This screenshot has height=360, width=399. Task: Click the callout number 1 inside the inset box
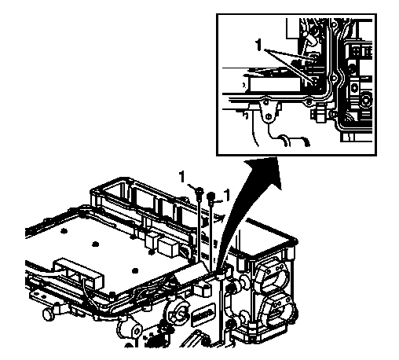pyautogui.click(x=258, y=45)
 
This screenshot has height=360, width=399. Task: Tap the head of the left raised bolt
pyautogui.click(x=199, y=190)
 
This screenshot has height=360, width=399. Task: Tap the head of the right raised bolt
pyautogui.click(x=211, y=196)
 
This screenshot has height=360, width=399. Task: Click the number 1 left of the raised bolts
pyautogui.click(x=182, y=176)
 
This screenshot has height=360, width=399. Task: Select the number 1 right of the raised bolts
pyautogui.click(x=227, y=195)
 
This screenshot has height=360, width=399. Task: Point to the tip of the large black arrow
pyautogui.click(x=276, y=157)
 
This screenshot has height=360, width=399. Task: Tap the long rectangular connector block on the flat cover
pyautogui.click(x=78, y=274)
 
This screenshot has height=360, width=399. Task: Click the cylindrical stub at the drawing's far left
pyautogui.click(x=48, y=314)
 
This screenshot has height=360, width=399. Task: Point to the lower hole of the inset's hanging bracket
pyautogui.click(x=268, y=116)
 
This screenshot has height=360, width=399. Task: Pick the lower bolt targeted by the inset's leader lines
pyautogui.click(x=315, y=81)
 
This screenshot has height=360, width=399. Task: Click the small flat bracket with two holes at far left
pyautogui.click(x=42, y=296)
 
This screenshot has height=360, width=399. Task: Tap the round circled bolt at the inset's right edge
pyautogui.click(x=367, y=100)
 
